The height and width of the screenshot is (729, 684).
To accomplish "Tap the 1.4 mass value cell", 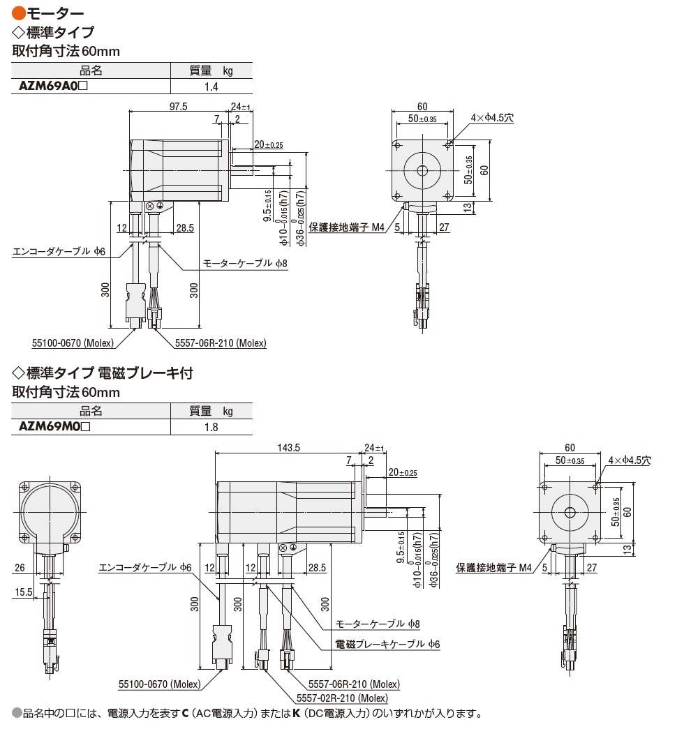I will click(211, 87).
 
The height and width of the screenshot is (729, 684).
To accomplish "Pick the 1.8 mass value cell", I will click(211, 426).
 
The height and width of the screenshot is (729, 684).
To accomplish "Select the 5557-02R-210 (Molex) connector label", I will click(342, 698).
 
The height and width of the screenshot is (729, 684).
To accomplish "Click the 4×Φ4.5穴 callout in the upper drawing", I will click(491, 119).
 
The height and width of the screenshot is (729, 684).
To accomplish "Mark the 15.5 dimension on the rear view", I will click(23, 592).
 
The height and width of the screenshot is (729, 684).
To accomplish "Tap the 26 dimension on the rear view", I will click(19, 568).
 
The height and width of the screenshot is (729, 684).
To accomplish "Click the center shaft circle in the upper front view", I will click(422, 171).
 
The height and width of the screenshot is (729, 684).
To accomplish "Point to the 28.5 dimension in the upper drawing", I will click(185, 228).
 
